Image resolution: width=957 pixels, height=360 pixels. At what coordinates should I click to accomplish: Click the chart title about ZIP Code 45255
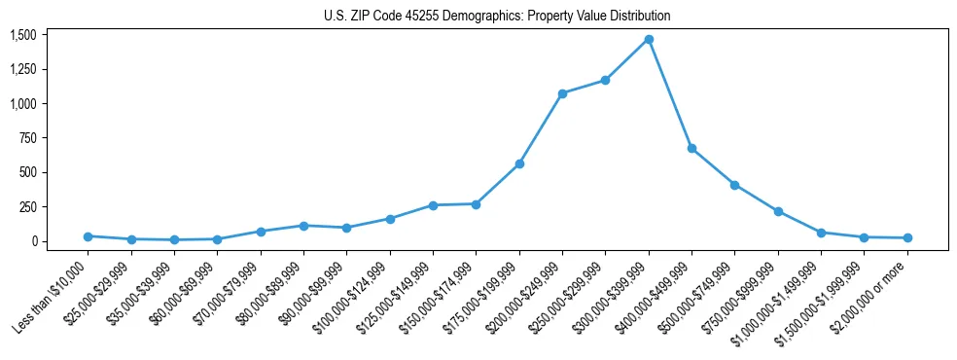(497, 16)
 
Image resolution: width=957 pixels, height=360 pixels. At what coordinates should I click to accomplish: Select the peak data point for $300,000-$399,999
(649, 40)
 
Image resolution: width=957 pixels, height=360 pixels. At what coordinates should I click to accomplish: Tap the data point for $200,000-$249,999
(562, 93)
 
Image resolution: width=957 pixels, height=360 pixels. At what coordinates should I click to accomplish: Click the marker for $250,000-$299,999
(605, 81)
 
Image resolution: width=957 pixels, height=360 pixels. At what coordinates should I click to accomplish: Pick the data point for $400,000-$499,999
(691, 148)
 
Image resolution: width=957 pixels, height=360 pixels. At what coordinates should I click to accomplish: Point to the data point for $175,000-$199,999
(519, 163)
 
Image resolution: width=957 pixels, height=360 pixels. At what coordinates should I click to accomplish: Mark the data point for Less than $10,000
(89, 236)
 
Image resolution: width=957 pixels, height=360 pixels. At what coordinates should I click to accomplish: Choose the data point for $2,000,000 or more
(907, 237)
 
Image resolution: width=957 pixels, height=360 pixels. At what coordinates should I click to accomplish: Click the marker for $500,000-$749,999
(734, 185)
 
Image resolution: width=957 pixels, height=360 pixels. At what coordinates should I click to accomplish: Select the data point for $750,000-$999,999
(778, 211)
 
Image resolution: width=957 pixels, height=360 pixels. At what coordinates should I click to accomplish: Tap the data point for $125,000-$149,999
(433, 205)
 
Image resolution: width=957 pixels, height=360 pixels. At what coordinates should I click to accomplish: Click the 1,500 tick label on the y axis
(22, 35)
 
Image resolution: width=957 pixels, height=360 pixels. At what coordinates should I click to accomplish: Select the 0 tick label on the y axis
(33, 241)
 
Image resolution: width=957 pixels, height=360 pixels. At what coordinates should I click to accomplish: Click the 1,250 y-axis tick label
(22, 69)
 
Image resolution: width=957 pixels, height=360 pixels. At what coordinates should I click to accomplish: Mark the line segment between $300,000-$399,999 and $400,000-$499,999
(670, 94)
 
